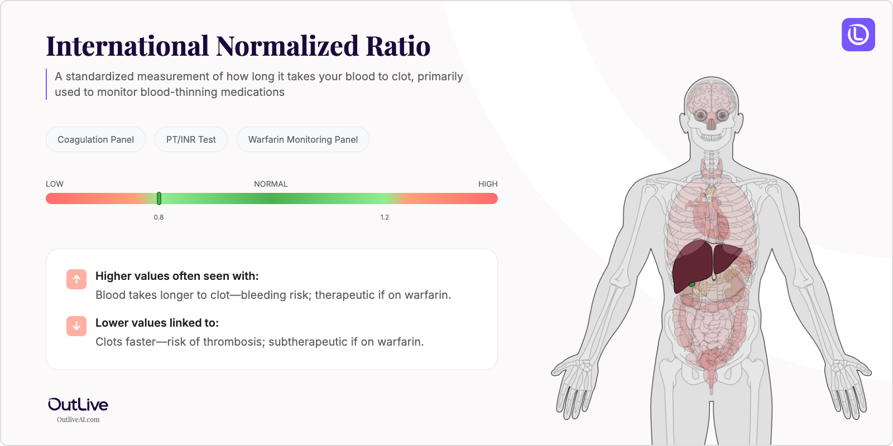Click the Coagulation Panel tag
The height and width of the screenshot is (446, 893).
[95, 139]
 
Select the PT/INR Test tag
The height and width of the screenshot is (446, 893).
[191, 139]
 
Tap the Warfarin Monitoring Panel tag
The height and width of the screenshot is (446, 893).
[303, 139]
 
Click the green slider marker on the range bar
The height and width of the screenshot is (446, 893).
[159, 198]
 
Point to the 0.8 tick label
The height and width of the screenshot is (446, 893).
[159, 217]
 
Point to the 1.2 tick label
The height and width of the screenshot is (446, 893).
[385, 217]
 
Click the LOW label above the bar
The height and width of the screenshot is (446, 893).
[55, 184]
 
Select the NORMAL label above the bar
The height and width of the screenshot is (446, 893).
[271, 184]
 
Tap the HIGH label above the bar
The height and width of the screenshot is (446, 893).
[488, 184]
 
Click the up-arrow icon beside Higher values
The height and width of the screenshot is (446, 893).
[76, 279]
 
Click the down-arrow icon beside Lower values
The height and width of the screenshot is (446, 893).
[76, 326]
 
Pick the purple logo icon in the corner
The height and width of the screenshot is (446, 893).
[858, 35]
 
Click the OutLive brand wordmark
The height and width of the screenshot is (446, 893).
[78, 405]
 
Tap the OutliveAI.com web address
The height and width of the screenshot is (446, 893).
[78, 420]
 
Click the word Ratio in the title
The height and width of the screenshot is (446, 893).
[398, 46]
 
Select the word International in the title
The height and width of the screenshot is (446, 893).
[127, 46]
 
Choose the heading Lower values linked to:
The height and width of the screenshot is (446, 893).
[157, 323]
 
